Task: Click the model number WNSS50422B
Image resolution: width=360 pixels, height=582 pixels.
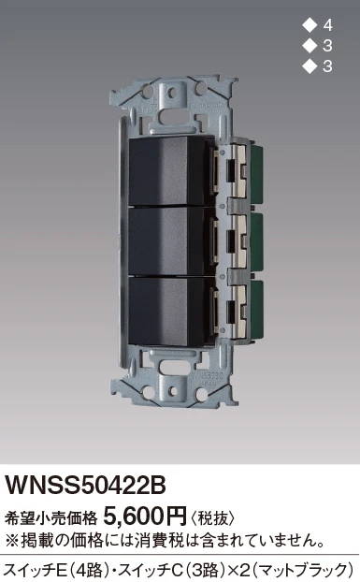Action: (85, 486)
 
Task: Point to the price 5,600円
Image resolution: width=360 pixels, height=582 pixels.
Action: (145, 516)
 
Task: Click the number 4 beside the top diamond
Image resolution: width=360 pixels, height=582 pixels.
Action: (328, 25)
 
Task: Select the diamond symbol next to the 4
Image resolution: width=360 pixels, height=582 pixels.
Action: (309, 25)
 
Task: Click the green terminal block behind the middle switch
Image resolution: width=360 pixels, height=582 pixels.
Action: (256, 240)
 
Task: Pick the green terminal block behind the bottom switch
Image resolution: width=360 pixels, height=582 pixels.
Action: (256, 311)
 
